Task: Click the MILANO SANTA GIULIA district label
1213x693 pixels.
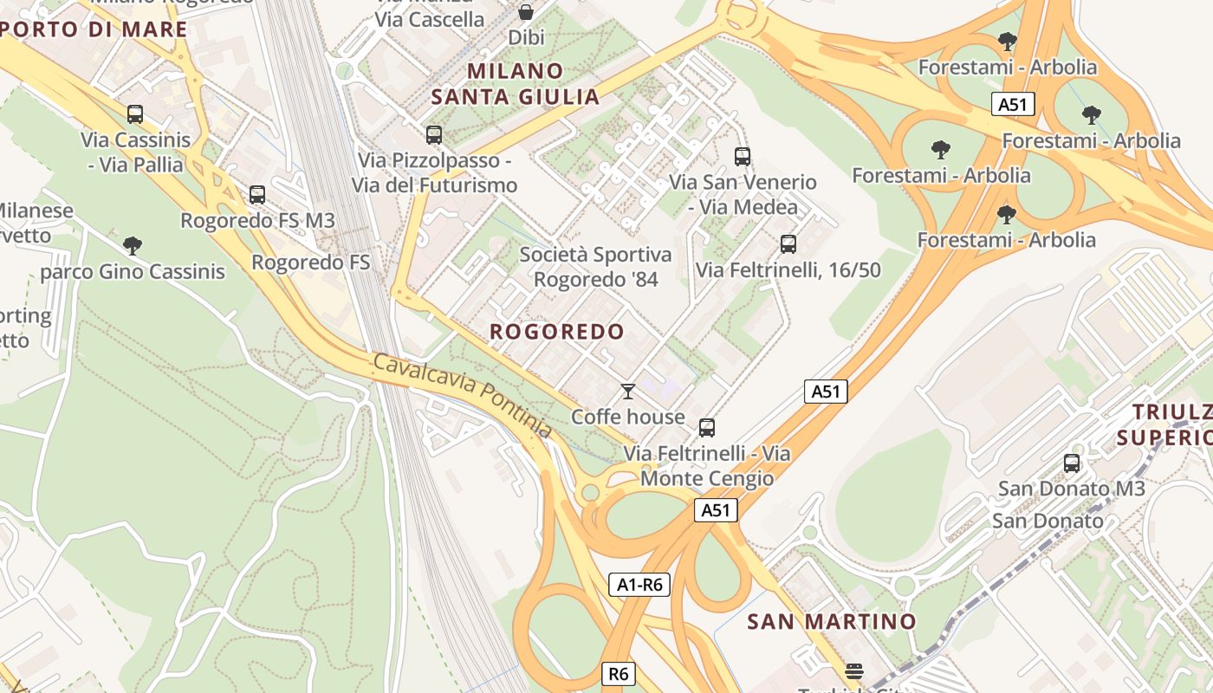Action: click(516, 83)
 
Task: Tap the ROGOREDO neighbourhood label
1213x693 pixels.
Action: click(556, 332)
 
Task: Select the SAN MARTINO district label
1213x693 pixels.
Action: click(831, 621)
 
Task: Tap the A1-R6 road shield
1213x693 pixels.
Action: click(639, 585)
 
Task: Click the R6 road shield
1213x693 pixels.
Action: click(617, 674)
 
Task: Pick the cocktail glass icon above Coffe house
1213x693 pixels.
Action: click(628, 392)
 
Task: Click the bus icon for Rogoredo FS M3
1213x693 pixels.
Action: click(257, 195)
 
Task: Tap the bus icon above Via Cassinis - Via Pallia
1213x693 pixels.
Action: click(134, 114)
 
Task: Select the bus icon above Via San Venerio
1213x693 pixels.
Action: click(743, 157)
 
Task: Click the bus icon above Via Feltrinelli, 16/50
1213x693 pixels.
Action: click(788, 244)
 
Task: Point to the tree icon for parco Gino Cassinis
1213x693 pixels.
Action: click(133, 246)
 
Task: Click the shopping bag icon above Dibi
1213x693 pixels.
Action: click(525, 12)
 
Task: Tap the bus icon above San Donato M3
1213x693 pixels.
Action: click(1072, 463)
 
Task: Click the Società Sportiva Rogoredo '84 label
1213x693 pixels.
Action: click(595, 267)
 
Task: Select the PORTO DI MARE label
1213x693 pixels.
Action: click(94, 29)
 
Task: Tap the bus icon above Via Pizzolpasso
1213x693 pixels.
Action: click(434, 135)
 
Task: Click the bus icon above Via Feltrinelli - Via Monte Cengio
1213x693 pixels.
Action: click(707, 428)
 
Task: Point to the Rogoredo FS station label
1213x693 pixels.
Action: click(310, 262)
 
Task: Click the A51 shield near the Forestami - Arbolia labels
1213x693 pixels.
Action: click(1012, 105)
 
